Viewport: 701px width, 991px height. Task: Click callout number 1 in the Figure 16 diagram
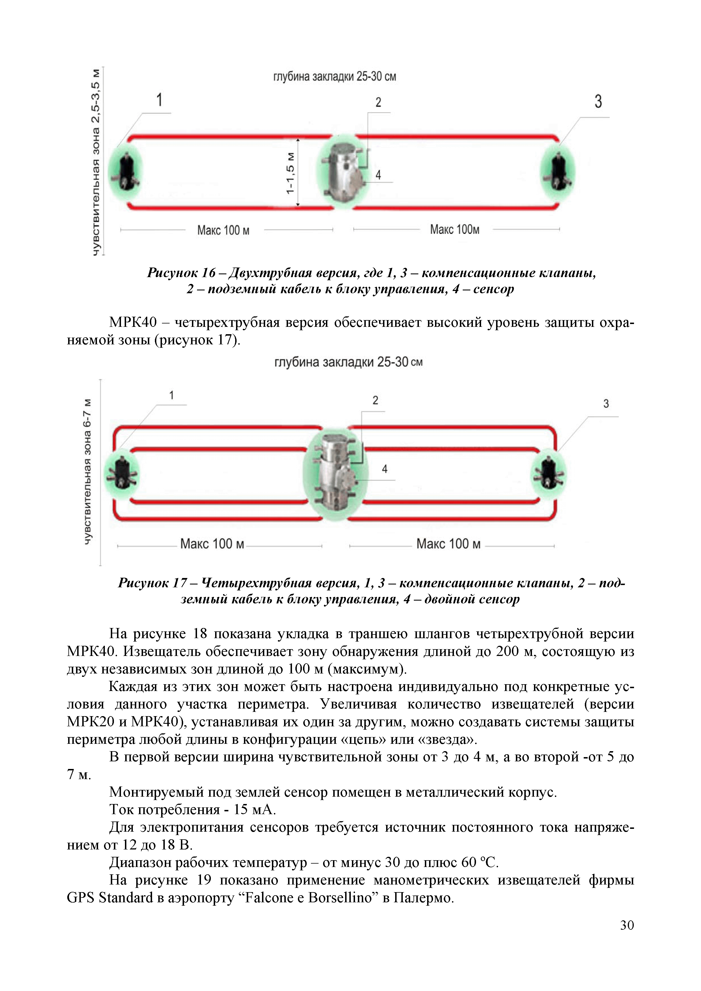coord(159,100)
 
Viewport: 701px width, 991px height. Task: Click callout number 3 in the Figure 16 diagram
coord(598,102)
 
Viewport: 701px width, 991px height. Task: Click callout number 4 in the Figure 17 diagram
coord(384,469)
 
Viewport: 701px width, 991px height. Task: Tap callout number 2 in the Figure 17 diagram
coord(375,401)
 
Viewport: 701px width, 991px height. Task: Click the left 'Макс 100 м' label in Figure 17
coord(212,544)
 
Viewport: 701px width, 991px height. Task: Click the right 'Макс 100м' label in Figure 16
coord(454,230)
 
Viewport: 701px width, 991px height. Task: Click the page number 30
coord(627,925)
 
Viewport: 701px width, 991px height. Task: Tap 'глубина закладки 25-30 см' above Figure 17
coord(348,362)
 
